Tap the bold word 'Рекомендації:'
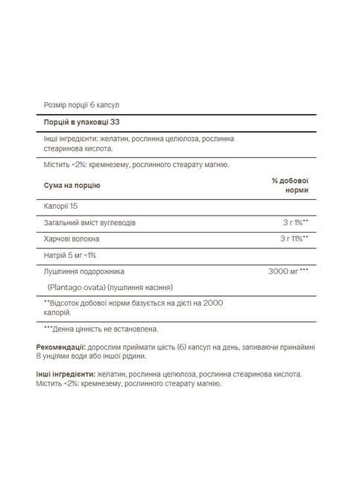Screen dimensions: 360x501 click(61, 347)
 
